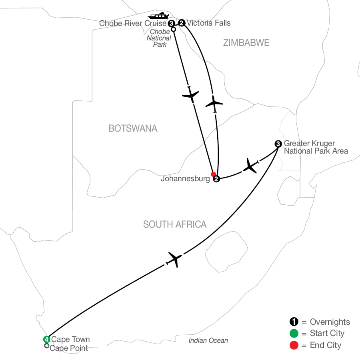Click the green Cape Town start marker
click(47, 339)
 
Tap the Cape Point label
click(69, 348)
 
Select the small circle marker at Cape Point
click(47, 346)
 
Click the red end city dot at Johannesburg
click(213, 174)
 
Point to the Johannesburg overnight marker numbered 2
click(216, 179)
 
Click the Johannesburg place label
click(185, 178)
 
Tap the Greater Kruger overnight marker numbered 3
click(278, 144)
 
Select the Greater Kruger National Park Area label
click(316, 147)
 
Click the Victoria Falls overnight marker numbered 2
click(182, 23)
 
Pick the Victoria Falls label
click(209, 23)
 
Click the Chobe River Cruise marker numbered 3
click(171, 24)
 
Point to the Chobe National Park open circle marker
click(173, 29)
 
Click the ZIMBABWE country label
click(246, 43)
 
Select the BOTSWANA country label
click(133, 128)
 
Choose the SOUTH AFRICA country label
click(175, 224)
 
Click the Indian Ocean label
click(208, 340)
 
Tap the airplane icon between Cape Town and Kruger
click(174, 260)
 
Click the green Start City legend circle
click(294, 333)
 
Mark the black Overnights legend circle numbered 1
click(294, 322)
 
